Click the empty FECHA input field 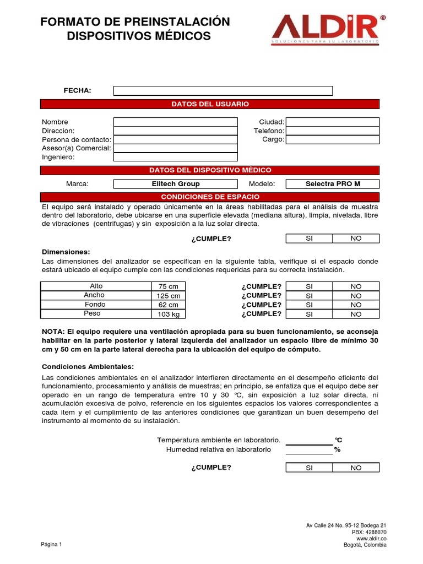[x=223, y=91]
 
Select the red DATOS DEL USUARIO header [x=210, y=104]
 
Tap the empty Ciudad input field [x=333, y=122]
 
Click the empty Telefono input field [x=333, y=131]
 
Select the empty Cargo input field [x=333, y=139]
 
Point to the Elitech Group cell [x=176, y=184]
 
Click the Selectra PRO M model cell [x=333, y=184]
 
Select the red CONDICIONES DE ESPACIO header [x=210, y=197]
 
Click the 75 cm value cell [x=169, y=286]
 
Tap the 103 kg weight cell [x=169, y=314]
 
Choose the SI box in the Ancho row [x=309, y=296]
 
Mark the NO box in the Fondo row [x=356, y=305]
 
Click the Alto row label [x=96, y=286]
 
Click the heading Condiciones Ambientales [x=88, y=367]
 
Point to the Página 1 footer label [x=52, y=544]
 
